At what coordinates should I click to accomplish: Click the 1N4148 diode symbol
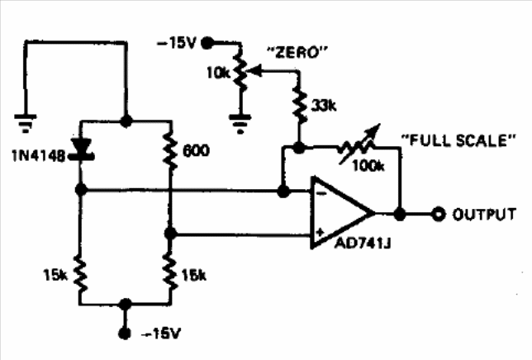pyautogui.click(x=81, y=149)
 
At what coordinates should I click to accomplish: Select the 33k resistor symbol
pyautogui.click(x=300, y=106)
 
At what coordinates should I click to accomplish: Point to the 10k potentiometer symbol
pyautogui.click(x=240, y=73)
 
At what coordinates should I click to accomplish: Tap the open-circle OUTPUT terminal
pyautogui.click(x=438, y=214)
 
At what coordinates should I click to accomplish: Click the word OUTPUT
pyautogui.click(x=484, y=215)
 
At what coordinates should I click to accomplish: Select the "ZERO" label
pyautogui.click(x=298, y=53)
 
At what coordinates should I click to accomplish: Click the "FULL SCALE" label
pyautogui.click(x=458, y=140)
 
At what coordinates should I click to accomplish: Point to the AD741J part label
pyautogui.click(x=363, y=243)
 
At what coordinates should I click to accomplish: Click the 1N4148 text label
pyautogui.click(x=38, y=156)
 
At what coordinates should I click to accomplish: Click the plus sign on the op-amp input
pyautogui.click(x=320, y=233)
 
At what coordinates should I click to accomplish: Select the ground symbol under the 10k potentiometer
pyautogui.click(x=240, y=123)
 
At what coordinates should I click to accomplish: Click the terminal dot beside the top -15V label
pyautogui.click(x=207, y=44)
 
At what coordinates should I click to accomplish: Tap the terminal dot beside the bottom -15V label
pyautogui.click(x=125, y=334)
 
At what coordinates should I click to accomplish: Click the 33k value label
pyautogui.click(x=324, y=107)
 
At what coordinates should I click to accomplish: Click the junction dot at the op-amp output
pyautogui.click(x=400, y=214)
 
